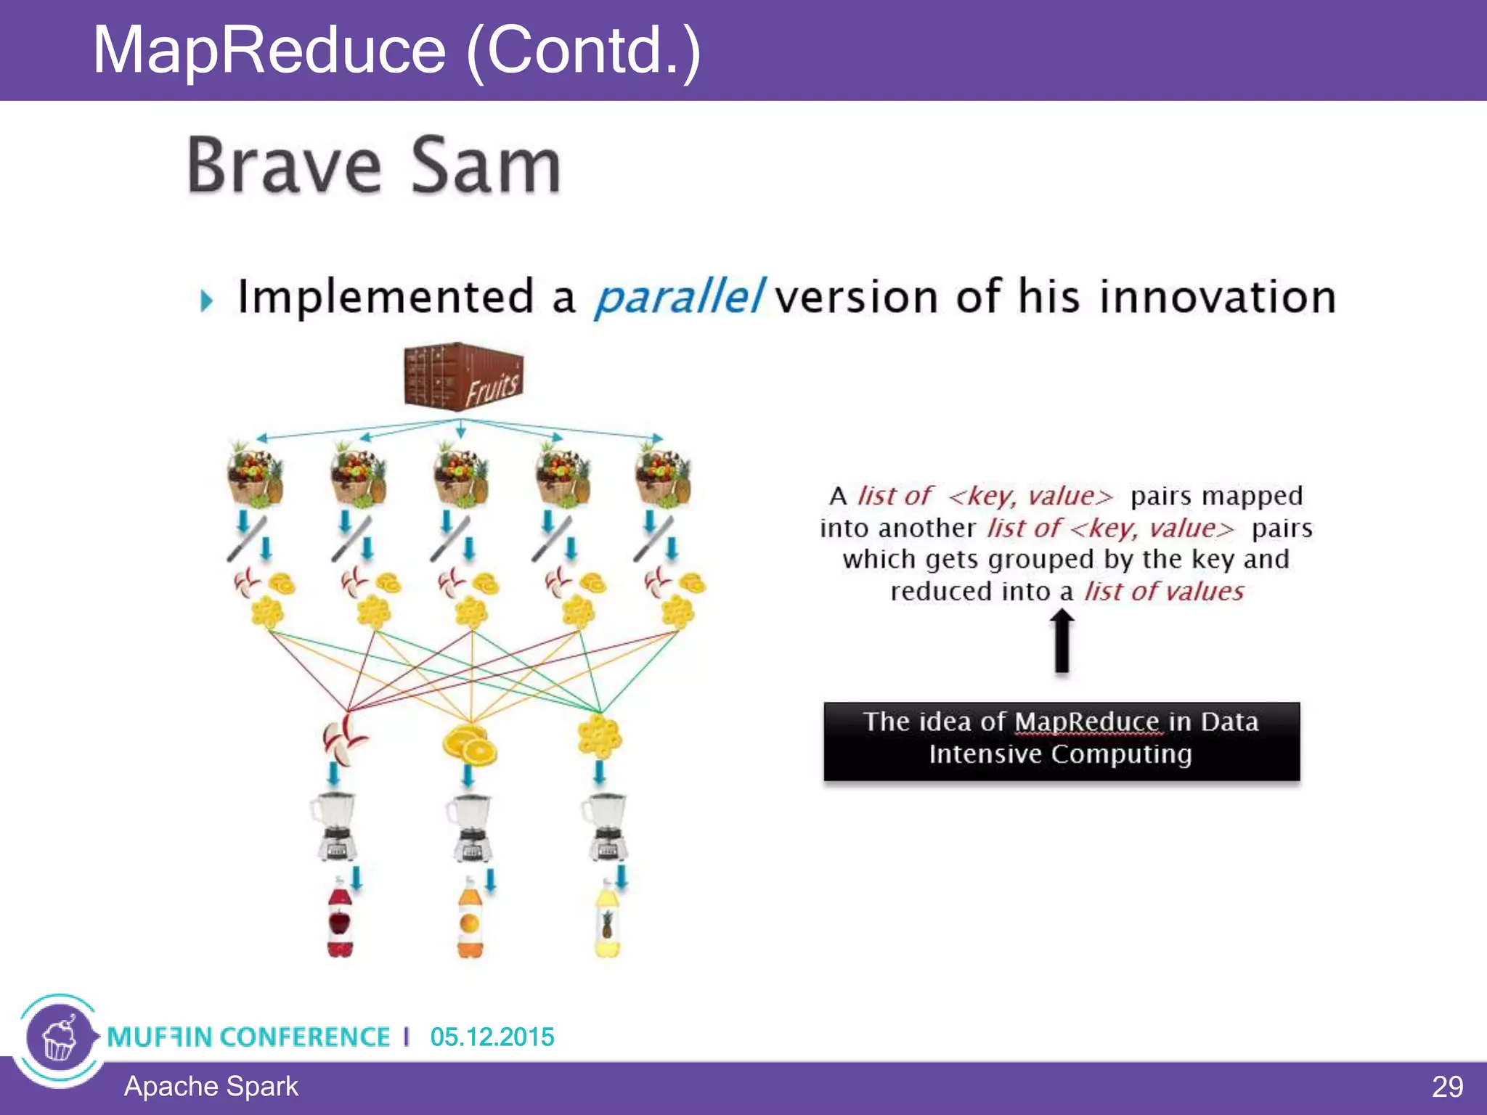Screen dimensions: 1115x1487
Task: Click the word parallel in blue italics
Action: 678,298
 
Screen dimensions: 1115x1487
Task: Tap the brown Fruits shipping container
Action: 463,377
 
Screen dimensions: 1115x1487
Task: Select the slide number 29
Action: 1447,1087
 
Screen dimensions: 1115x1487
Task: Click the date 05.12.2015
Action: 492,1037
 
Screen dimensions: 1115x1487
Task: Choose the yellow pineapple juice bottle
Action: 607,920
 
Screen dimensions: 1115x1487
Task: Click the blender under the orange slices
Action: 470,828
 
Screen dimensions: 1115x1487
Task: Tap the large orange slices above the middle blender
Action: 469,744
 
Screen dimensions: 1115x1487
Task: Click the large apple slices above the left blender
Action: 343,739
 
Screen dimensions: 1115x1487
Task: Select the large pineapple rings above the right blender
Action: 599,737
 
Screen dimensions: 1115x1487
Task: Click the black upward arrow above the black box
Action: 1062,640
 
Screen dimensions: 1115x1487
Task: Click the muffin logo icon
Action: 60,1038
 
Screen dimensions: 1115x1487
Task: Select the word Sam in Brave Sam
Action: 486,166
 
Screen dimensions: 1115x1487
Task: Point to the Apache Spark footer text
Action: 211,1087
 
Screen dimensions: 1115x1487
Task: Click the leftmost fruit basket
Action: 254,475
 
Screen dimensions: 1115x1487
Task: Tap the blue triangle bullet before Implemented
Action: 207,300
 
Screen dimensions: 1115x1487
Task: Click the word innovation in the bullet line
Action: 1217,298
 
